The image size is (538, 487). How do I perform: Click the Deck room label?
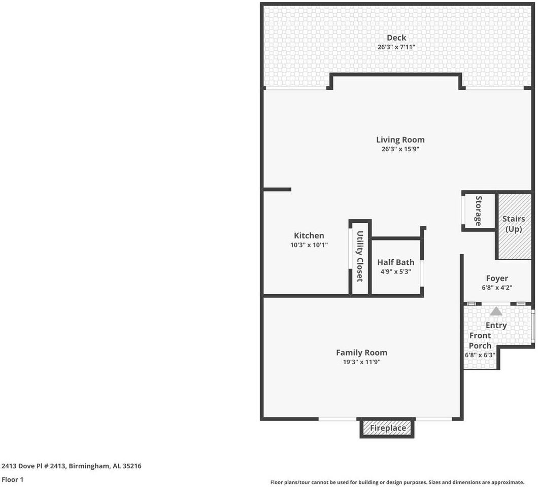point(396,38)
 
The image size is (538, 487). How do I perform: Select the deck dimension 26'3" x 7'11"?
point(396,47)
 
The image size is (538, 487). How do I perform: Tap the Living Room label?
point(400,140)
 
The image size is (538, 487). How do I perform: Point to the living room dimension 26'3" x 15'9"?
point(400,149)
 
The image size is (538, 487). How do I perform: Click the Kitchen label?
point(309,235)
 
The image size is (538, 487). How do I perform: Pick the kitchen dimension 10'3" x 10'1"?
point(309,245)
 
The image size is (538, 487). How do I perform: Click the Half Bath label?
point(395,262)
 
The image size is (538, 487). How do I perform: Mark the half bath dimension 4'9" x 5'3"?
point(395,272)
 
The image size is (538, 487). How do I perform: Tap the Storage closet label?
point(478,211)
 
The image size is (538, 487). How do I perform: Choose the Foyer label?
point(496,278)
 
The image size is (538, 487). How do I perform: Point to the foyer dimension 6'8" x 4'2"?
point(496,288)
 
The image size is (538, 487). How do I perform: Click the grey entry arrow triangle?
point(496,311)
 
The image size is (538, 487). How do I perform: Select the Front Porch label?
point(480,340)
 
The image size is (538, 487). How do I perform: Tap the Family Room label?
point(361,353)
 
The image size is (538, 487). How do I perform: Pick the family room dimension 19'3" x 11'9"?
point(361,362)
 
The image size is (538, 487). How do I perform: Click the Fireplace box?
point(387,428)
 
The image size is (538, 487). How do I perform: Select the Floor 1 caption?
point(13,479)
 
